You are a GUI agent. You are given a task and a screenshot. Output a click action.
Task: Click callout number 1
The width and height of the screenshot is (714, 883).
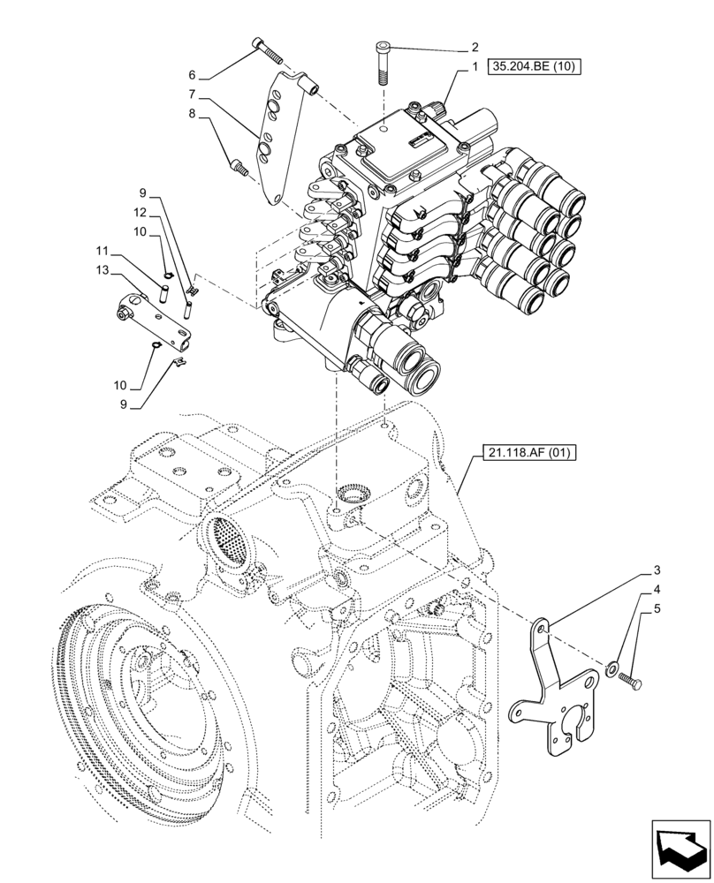tap(475, 66)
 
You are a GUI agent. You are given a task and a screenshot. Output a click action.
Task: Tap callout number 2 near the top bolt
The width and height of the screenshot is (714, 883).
tap(475, 47)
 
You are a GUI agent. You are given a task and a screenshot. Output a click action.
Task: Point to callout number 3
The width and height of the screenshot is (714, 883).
tap(657, 570)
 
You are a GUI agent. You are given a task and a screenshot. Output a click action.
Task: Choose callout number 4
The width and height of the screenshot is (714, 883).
tap(657, 589)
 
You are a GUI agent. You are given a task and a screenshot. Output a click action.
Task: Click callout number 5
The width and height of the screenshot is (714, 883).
tap(657, 608)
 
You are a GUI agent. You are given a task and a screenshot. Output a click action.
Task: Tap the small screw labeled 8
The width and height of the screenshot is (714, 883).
tap(237, 164)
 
